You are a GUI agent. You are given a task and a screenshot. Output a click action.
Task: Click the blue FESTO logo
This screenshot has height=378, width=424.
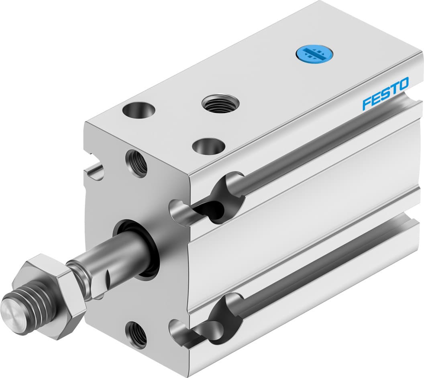click(x=385, y=93)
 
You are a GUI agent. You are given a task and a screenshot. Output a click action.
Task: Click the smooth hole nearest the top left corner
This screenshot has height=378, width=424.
click(x=139, y=110)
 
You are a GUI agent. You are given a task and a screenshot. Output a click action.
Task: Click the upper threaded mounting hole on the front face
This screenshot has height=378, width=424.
click(x=136, y=163)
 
